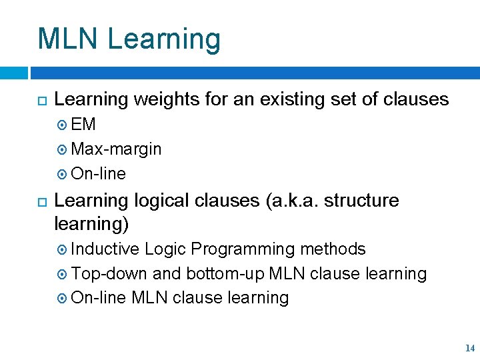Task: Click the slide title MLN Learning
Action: coord(129,39)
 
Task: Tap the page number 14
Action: coord(470,348)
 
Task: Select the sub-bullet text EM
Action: coord(83,125)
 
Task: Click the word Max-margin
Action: coord(116,149)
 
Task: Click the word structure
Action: coord(366,201)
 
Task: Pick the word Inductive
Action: coord(105,249)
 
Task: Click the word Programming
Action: coord(243,249)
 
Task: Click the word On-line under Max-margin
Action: coord(98,174)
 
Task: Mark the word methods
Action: coord(333,249)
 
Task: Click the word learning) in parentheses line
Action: coord(91,225)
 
